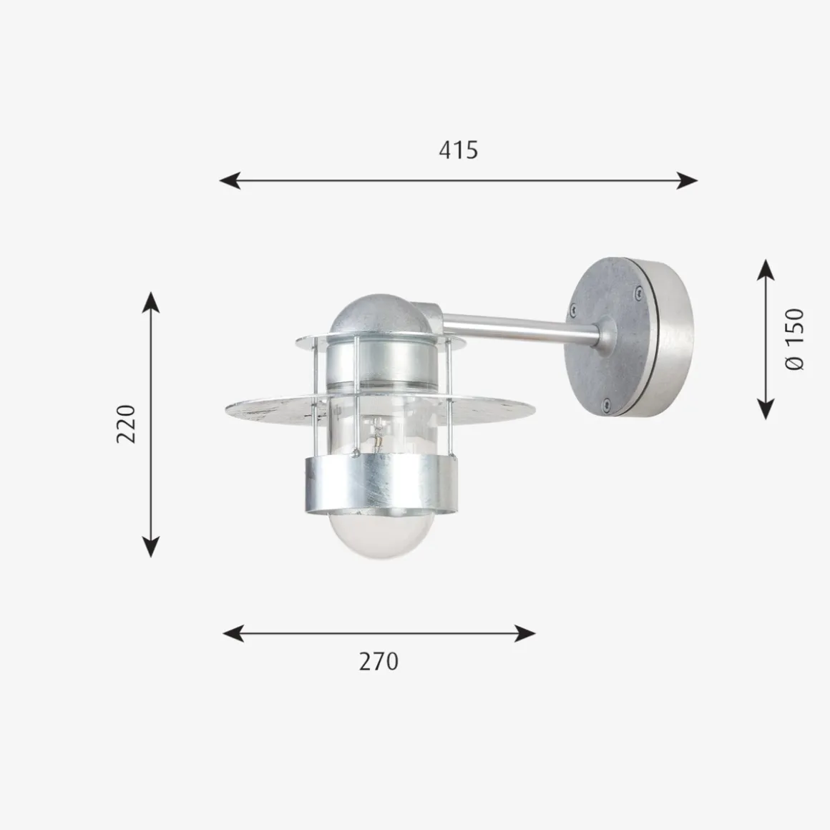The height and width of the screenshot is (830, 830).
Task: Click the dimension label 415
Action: (459, 150)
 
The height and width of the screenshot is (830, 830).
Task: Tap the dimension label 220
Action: (127, 424)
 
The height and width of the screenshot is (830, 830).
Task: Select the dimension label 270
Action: (379, 662)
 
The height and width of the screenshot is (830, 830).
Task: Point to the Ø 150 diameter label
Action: (794, 340)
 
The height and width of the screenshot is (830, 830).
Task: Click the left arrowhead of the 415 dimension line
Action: (230, 180)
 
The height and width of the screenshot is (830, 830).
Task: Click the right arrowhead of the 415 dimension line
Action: (687, 180)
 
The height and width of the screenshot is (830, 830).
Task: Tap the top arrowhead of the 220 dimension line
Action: (151, 302)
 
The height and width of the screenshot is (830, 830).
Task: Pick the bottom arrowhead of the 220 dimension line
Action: (151, 547)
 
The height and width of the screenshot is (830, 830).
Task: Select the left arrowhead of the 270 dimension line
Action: (233, 633)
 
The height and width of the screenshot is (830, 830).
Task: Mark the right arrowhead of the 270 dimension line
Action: (525, 633)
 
